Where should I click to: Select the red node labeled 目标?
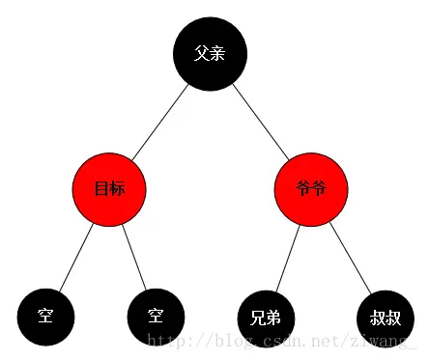[109, 189]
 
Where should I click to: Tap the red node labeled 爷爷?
[310, 189]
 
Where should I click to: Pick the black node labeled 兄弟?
[266, 317]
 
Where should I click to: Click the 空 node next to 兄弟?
[156, 317]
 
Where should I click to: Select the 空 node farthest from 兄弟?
[45, 317]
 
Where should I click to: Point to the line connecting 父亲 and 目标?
[159, 122]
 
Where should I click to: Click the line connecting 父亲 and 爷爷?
[259, 122]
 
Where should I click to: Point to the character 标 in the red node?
[117, 189]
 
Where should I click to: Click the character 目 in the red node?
[101, 189]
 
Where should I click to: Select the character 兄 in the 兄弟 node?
[258, 317]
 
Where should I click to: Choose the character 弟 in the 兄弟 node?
[273, 317]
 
